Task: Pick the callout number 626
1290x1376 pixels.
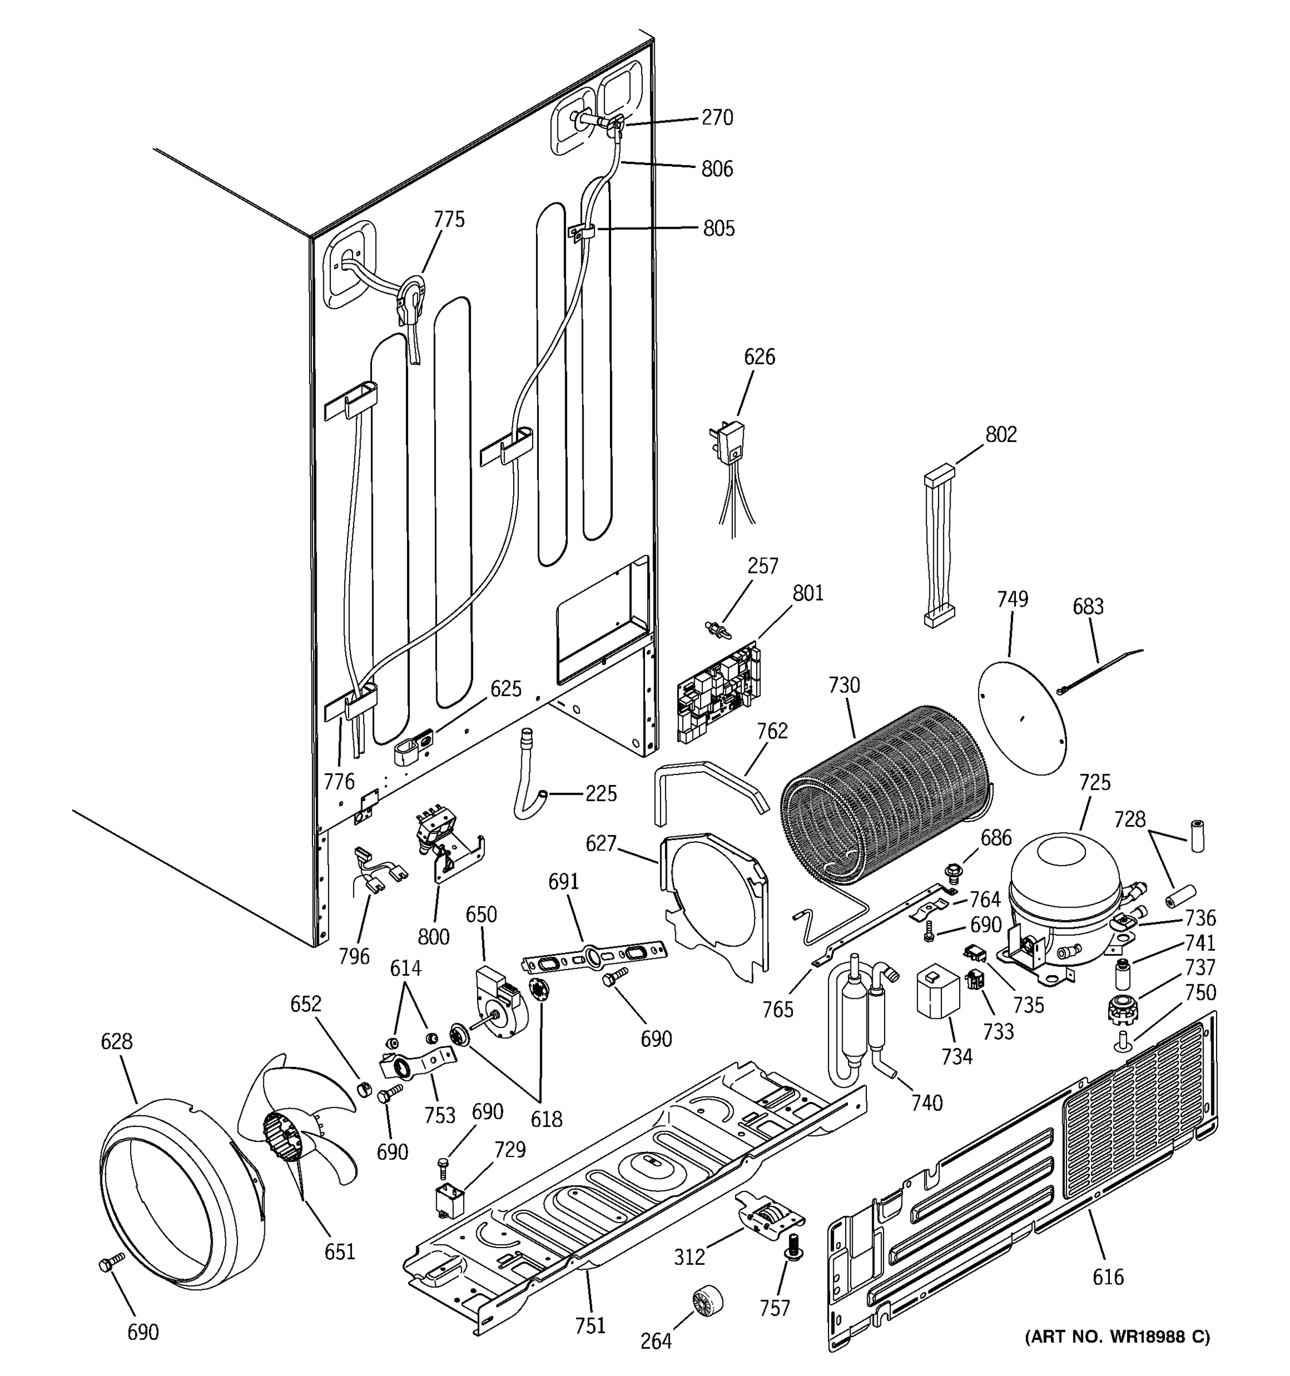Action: pyautogui.click(x=759, y=357)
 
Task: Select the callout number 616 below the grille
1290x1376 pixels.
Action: pyautogui.click(x=1107, y=1276)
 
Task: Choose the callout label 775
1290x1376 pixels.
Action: pyautogui.click(x=449, y=220)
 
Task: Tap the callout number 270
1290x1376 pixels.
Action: pyautogui.click(x=717, y=118)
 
